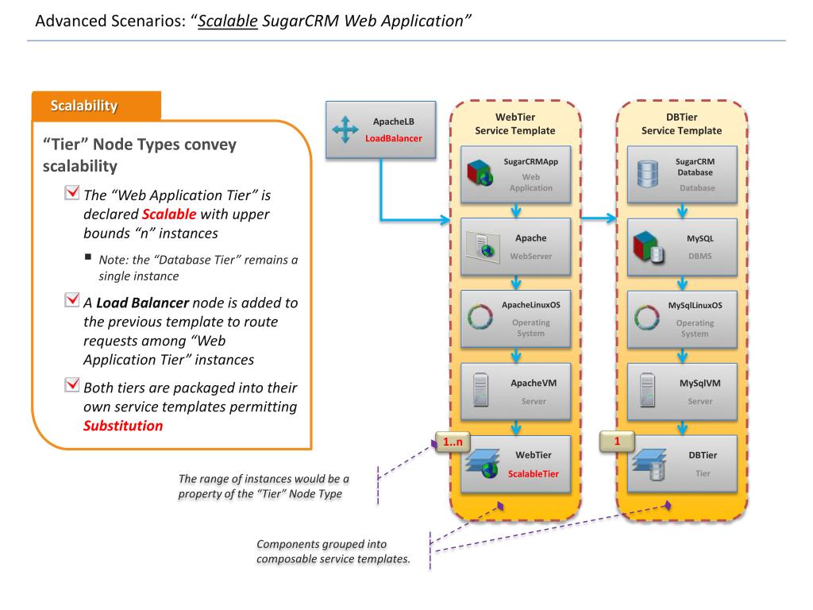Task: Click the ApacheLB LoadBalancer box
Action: [x=380, y=129]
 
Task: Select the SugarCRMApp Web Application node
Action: [x=516, y=174]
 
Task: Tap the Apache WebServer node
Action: [x=516, y=246]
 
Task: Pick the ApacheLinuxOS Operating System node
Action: [x=516, y=319]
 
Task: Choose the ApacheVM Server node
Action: [x=516, y=391]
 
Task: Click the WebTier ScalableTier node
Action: [x=516, y=464]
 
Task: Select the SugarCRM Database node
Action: [x=682, y=174]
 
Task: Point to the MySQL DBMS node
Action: [x=682, y=246]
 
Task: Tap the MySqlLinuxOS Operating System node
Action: [x=682, y=319]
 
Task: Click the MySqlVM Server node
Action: [x=682, y=391]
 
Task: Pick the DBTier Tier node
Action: [x=682, y=464]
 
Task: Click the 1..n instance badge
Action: [x=453, y=442]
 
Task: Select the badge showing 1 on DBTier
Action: [x=617, y=442]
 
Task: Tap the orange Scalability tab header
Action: [x=96, y=106]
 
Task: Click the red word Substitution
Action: [x=123, y=426]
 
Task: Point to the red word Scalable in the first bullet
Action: [x=169, y=214]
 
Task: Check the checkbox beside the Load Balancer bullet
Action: [x=72, y=299]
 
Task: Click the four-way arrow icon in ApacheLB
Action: [x=345, y=129]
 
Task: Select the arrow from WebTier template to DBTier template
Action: [x=599, y=218]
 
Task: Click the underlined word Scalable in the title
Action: [x=228, y=21]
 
